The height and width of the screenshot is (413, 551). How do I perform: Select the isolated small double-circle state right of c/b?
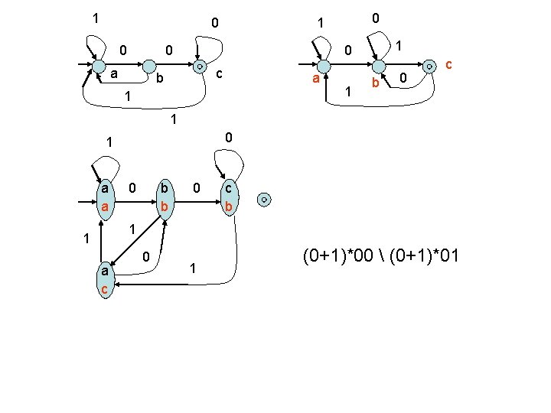click(x=263, y=199)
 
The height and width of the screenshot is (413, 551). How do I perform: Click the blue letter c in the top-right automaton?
click(x=450, y=67)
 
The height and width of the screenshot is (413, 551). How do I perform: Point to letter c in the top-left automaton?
click(x=219, y=73)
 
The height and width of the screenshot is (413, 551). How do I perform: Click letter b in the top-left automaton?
click(x=159, y=79)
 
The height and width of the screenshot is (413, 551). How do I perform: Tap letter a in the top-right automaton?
click(x=314, y=79)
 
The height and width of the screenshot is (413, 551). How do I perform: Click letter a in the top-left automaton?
click(x=113, y=73)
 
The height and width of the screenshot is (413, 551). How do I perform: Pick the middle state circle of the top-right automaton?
click(x=376, y=68)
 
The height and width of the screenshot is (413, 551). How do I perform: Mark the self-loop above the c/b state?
click(x=230, y=163)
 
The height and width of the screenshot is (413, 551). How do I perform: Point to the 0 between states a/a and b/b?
click(x=132, y=187)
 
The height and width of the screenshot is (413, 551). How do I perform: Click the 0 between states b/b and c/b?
click(x=197, y=187)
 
